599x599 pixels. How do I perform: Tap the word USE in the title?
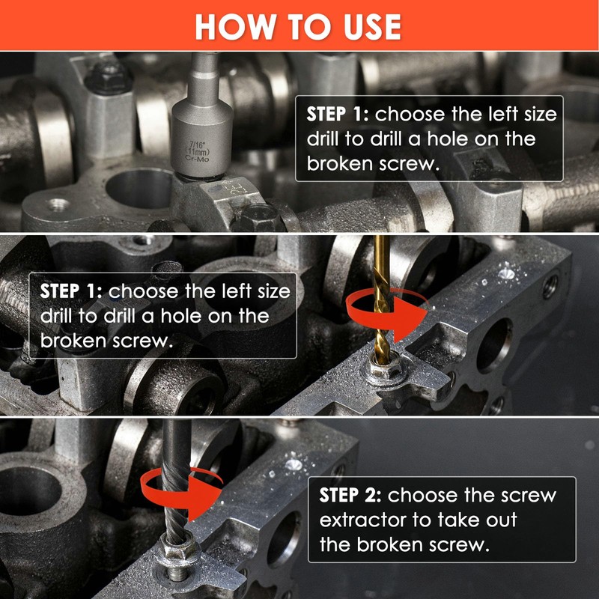[372, 27]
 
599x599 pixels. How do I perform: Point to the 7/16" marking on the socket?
[197, 145]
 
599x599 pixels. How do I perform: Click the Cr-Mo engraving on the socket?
[197, 158]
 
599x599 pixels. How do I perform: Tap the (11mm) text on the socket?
[197, 151]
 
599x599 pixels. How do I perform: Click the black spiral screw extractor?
[176, 482]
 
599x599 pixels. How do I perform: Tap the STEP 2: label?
[350, 496]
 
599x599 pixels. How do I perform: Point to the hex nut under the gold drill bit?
[383, 370]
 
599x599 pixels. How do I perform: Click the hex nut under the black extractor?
[179, 551]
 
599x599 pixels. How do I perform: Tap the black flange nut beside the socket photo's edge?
[109, 79]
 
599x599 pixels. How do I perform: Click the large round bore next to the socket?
[139, 189]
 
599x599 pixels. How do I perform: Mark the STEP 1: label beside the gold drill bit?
[71, 291]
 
